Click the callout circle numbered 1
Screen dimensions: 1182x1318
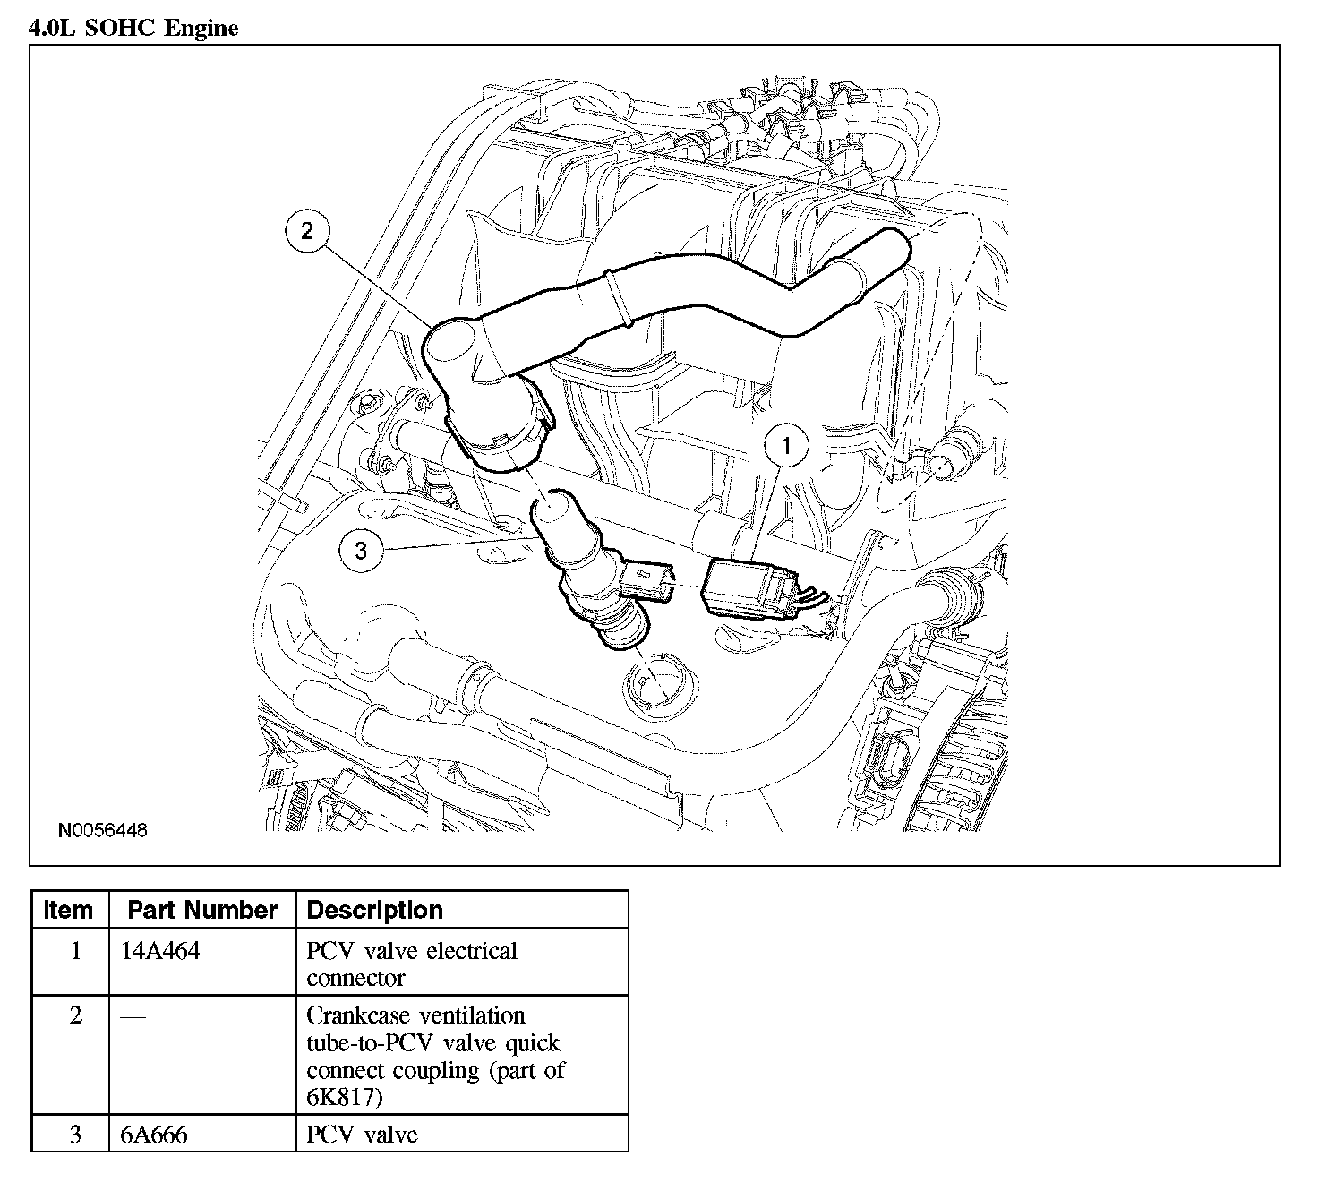[787, 445]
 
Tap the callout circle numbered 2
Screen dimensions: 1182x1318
[307, 231]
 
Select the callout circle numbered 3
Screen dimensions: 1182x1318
[361, 550]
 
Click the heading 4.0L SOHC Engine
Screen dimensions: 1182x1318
[134, 28]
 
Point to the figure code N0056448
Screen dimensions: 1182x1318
[103, 830]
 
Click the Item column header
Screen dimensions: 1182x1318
[69, 910]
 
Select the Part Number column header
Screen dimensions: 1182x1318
[202, 910]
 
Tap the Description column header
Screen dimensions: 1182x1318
[374, 910]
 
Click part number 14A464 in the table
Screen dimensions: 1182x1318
[160, 951]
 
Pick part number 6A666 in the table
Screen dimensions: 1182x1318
[154, 1135]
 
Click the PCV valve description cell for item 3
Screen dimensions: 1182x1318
[362, 1135]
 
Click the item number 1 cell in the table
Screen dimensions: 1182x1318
[76, 951]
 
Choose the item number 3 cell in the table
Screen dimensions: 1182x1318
[76, 1135]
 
